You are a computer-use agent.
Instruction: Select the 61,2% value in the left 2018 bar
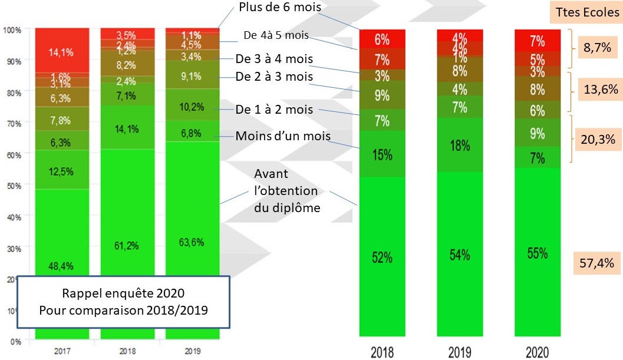click(x=127, y=245)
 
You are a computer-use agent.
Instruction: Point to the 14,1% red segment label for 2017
click(x=62, y=52)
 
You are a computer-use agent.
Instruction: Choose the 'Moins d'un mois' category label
click(x=283, y=137)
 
